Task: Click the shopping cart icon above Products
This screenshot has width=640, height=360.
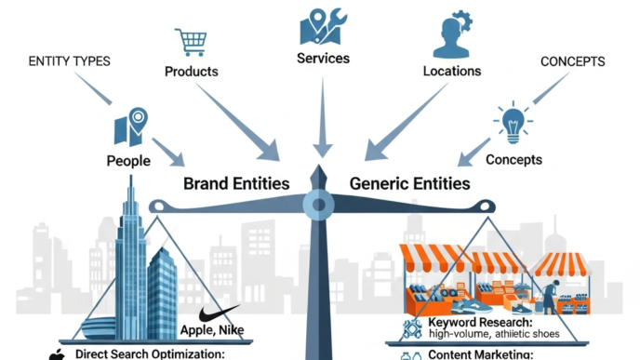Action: pyautogui.click(x=190, y=42)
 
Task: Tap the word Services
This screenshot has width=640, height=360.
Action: pyautogui.click(x=323, y=58)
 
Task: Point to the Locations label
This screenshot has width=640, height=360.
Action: pyautogui.click(x=451, y=71)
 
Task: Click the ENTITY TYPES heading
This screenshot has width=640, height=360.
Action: pyautogui.click(x=69, y=61)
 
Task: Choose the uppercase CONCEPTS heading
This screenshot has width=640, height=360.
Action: pyautogui.click(x=572, y=62)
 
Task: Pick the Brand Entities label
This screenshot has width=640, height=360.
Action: pyautogui.click(x=236, y=183)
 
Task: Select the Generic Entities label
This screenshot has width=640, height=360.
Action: pyautogui.click(x=409, y=183)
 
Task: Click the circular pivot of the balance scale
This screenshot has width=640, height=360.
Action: pyautogui.click(x=319, y=203)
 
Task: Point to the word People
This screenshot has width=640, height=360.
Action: pyautogui.click(x=128, y=161)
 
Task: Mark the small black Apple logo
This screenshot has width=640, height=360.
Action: pyautogui.click(x=56, y=354)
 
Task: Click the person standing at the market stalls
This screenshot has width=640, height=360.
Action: pyautogui.click(x=551, y=300)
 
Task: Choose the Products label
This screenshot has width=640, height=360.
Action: pyautogui.click(x=191, y=72)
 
